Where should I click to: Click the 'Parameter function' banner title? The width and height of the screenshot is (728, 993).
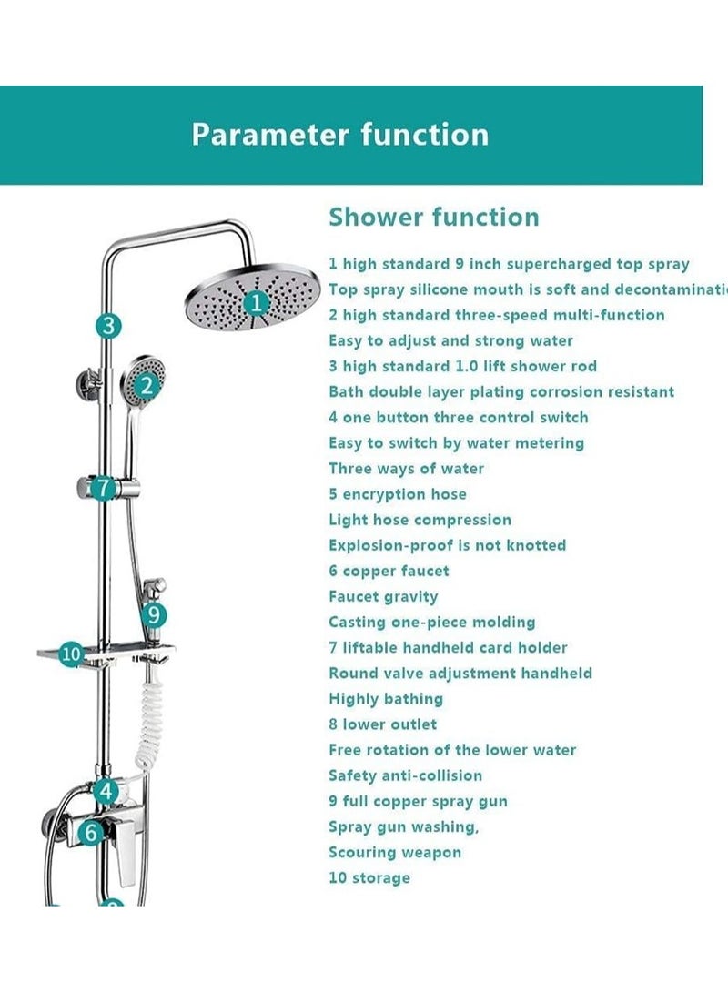coord(339,135)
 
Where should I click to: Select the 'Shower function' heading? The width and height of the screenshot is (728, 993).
coord(433,217)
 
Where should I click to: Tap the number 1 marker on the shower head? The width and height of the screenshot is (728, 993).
coord(257,301)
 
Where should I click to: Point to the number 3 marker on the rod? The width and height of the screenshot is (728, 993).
coord(108,325)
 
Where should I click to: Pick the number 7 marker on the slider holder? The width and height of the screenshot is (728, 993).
coord(104,488)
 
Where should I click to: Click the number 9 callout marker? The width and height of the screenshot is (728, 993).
coord(154,615)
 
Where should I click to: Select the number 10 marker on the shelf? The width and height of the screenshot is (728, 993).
coord(71,654)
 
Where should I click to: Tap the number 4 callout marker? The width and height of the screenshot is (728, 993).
coord(106,791)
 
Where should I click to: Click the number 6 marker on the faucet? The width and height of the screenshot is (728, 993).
coord(90,831)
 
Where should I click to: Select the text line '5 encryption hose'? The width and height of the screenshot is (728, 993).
coord(398,494)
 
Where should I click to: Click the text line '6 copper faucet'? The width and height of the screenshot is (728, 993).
coord(389,571)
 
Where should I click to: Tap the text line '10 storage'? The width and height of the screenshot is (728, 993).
coord(369,877)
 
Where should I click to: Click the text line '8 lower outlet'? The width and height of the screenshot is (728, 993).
coord(382,724)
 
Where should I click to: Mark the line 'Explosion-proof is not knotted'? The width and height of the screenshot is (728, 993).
coord(447,545)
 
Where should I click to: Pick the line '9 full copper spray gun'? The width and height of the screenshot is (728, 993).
coord(418,801)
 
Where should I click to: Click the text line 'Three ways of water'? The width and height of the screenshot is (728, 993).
coord(406,469)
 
